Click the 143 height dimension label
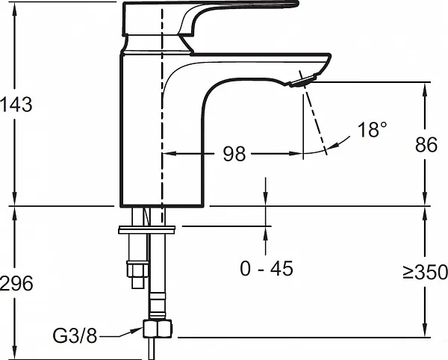[16, 105]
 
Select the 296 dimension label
[16, 284]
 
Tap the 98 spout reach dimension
[234, 154]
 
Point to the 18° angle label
[372, 129]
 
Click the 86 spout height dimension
[426, 145]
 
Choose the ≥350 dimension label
[425, 272]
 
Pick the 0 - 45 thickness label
[267, 269]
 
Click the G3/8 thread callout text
[75, 335]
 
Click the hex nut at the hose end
[158, 329]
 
